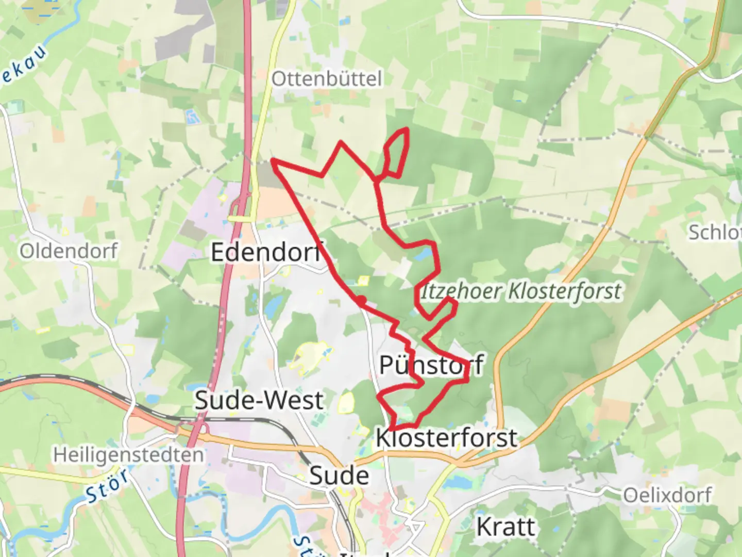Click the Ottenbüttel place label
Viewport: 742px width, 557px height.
pos(327,79)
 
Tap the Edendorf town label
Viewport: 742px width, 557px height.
pos(267,252)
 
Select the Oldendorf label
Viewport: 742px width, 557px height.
pos(69,251)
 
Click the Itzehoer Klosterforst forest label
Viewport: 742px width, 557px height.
pos(521,291)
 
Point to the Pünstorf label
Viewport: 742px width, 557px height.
pos(431,365)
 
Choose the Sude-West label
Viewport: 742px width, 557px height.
pos(259,400)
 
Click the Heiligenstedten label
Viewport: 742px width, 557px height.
pos(129,455)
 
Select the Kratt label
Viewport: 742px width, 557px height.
pos(505,527)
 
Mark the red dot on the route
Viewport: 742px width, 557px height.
pos(362,300)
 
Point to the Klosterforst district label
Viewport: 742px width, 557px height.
pos(446,438)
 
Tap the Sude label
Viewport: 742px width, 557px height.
pos(339,476)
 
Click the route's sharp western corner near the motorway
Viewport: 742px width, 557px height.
pos(273,162)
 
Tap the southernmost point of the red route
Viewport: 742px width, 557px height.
pos(392,429)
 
